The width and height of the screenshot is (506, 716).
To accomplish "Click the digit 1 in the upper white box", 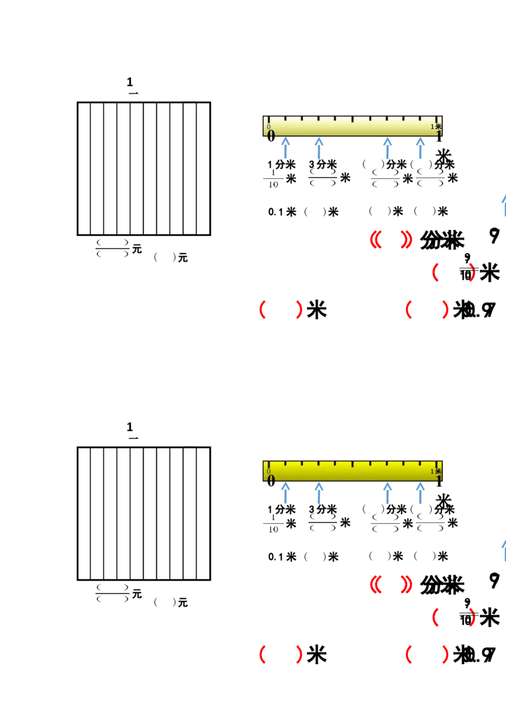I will [x=130, y=82].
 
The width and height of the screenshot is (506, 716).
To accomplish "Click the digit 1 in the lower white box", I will [x=130, y=426].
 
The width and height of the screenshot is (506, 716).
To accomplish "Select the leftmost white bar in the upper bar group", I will [x=83, y=168].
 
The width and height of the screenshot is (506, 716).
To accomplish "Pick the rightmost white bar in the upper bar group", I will [x=189, y=168].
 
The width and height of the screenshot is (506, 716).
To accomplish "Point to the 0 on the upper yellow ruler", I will [x=269, y=127].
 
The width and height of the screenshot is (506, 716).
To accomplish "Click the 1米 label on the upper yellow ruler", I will [x=436, y=127].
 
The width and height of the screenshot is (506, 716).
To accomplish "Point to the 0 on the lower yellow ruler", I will [x=269, y=471].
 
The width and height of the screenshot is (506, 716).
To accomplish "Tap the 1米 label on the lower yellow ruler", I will [x=436, y=471].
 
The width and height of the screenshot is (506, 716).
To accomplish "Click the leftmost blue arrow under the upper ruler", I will [x=286, y=148].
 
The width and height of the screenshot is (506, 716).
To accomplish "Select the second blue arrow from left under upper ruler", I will [x=319, y=148].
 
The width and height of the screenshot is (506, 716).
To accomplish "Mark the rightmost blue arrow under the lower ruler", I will [x=420, y=492].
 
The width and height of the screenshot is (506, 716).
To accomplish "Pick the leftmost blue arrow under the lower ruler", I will [x=286, y=492].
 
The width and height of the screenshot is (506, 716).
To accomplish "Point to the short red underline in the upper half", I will [x=304, y=322].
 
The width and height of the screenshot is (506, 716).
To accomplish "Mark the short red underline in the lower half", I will [x=452, y=665].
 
